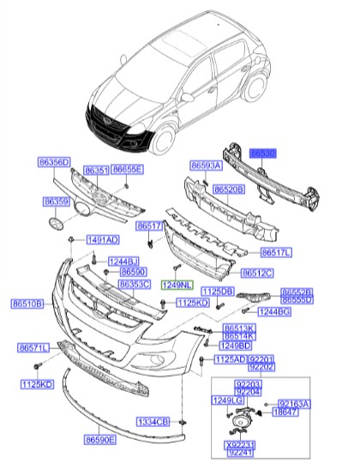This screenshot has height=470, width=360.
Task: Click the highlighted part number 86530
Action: pyautogui.click(x=262, y=153)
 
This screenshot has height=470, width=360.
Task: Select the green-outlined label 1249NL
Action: pyautogui.click(x=178, y=284)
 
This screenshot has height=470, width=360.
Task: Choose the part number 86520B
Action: pyautogui.click(x=229, y=189)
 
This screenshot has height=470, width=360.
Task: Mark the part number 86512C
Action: pyautogui.click(x=256, y=273)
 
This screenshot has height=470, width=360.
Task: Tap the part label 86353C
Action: pyautogui.click(x=135, y=284)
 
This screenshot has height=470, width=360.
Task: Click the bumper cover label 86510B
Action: pyautogui.click(x=27, y=303)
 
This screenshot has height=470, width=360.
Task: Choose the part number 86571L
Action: pyautogui.click(x=34, y=347)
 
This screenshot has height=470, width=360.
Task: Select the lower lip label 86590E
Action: pyautogui.click(x=100, y=439)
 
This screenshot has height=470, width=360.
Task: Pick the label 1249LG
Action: pyautogui.click(x=227, y=401)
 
